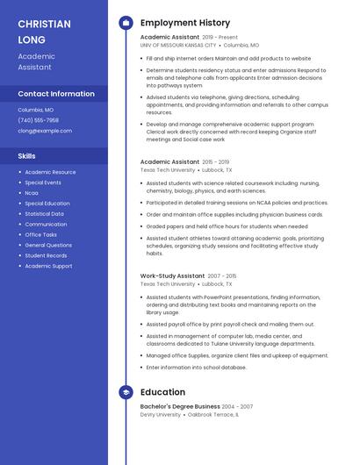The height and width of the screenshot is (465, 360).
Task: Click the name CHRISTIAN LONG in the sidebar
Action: [x=44, y=32]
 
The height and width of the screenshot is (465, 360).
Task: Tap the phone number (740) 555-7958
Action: [x=38, y=120]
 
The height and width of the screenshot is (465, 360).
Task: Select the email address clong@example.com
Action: [x=45, y=131]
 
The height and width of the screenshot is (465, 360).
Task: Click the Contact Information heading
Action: [x=56, y=94]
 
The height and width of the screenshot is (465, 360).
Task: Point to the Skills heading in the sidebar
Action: [x=26, y=156]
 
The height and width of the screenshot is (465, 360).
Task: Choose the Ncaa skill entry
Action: [x=32, y=193]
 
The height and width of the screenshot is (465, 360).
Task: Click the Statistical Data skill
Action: [x=44, y=214]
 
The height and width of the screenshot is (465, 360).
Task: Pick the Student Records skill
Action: [x=46, y=255]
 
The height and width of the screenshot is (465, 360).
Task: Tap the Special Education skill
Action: [x=47, y=204]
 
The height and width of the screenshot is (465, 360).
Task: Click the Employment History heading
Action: [x=185, y=23]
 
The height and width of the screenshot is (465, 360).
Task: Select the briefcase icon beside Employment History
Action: [x=126, y=23]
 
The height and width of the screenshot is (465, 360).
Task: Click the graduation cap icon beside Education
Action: [x=126, y=392]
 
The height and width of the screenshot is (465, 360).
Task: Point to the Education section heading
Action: [x=162, y=392]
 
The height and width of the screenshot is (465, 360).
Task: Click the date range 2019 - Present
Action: [x=220, y=38]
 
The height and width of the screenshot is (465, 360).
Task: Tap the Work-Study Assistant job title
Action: [x=172, y=275]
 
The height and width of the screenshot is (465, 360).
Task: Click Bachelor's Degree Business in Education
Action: [x=180, y=407]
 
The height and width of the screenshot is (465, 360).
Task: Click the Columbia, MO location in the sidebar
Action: [x=36, y=110]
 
